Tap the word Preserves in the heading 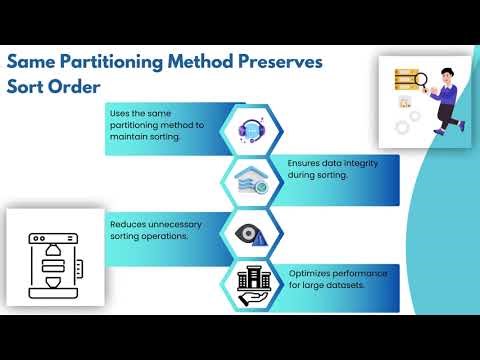[279, 62]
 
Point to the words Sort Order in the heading [54, 86]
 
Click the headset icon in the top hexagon [249, 129]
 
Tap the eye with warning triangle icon [249, 233]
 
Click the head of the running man [441, 72]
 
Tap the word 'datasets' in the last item [346, 284]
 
